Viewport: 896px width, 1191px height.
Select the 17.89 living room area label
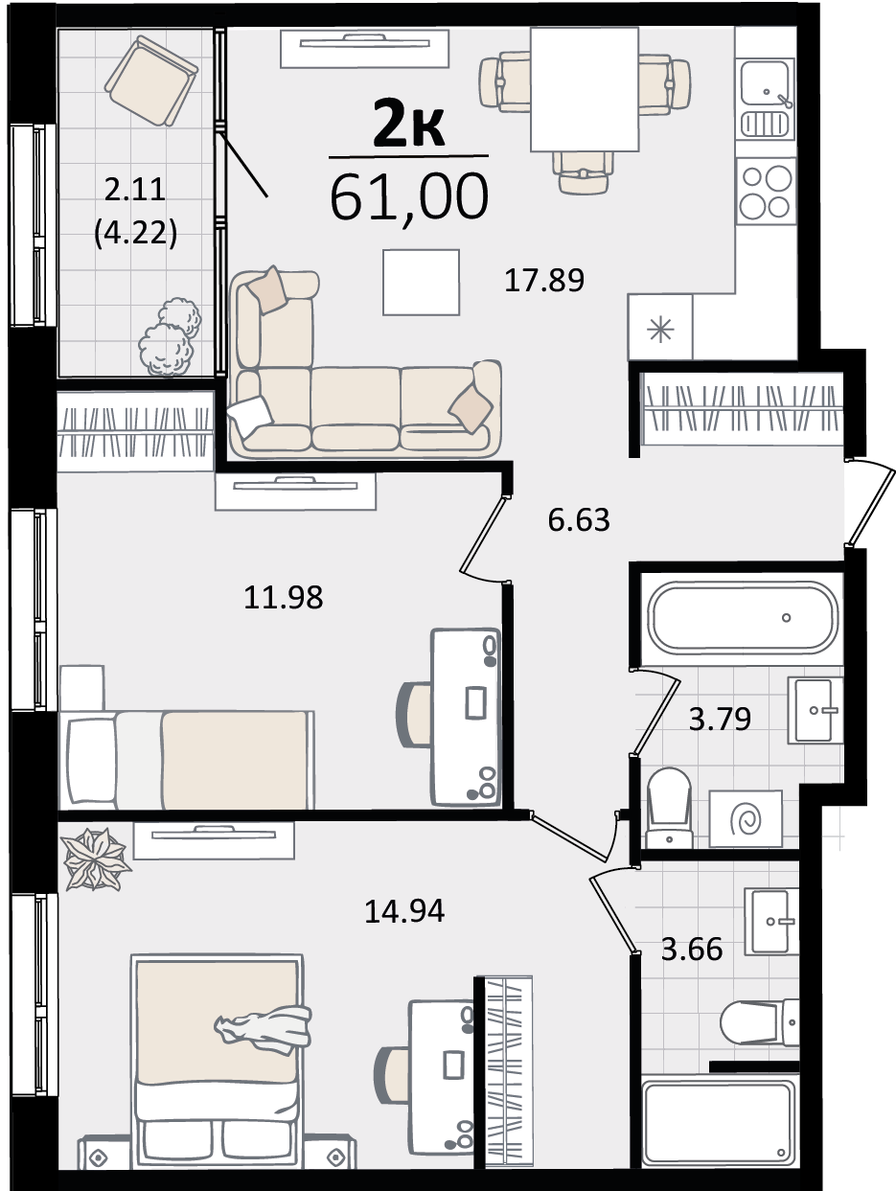[x=544, y=281]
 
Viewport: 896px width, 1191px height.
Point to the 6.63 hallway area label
[x=579, y=519]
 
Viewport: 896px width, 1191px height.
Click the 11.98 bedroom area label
[x=284, y=597]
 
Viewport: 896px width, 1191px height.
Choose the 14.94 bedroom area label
[x=404, y=911]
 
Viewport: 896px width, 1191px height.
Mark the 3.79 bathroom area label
[x=720, y=719]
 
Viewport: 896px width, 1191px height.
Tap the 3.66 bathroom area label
[x=692, y=949]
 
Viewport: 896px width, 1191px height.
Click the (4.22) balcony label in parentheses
[x=136, y=234]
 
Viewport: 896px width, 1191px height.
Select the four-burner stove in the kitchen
[x=767, y=192]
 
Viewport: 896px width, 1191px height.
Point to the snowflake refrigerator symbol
[x=660, y=330]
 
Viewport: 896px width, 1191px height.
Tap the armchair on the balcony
[x=150, y=80]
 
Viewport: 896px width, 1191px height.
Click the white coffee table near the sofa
[x=421, y=282]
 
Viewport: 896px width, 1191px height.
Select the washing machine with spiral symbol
[x=746, y=819]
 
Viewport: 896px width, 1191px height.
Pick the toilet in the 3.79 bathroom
[x=670, y=808]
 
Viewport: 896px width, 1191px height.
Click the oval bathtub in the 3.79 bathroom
[x=742, y=617]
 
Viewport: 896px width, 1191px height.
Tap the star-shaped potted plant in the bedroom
[x=95, y=859]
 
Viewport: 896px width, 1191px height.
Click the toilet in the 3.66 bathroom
[x=760, y=1022]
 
